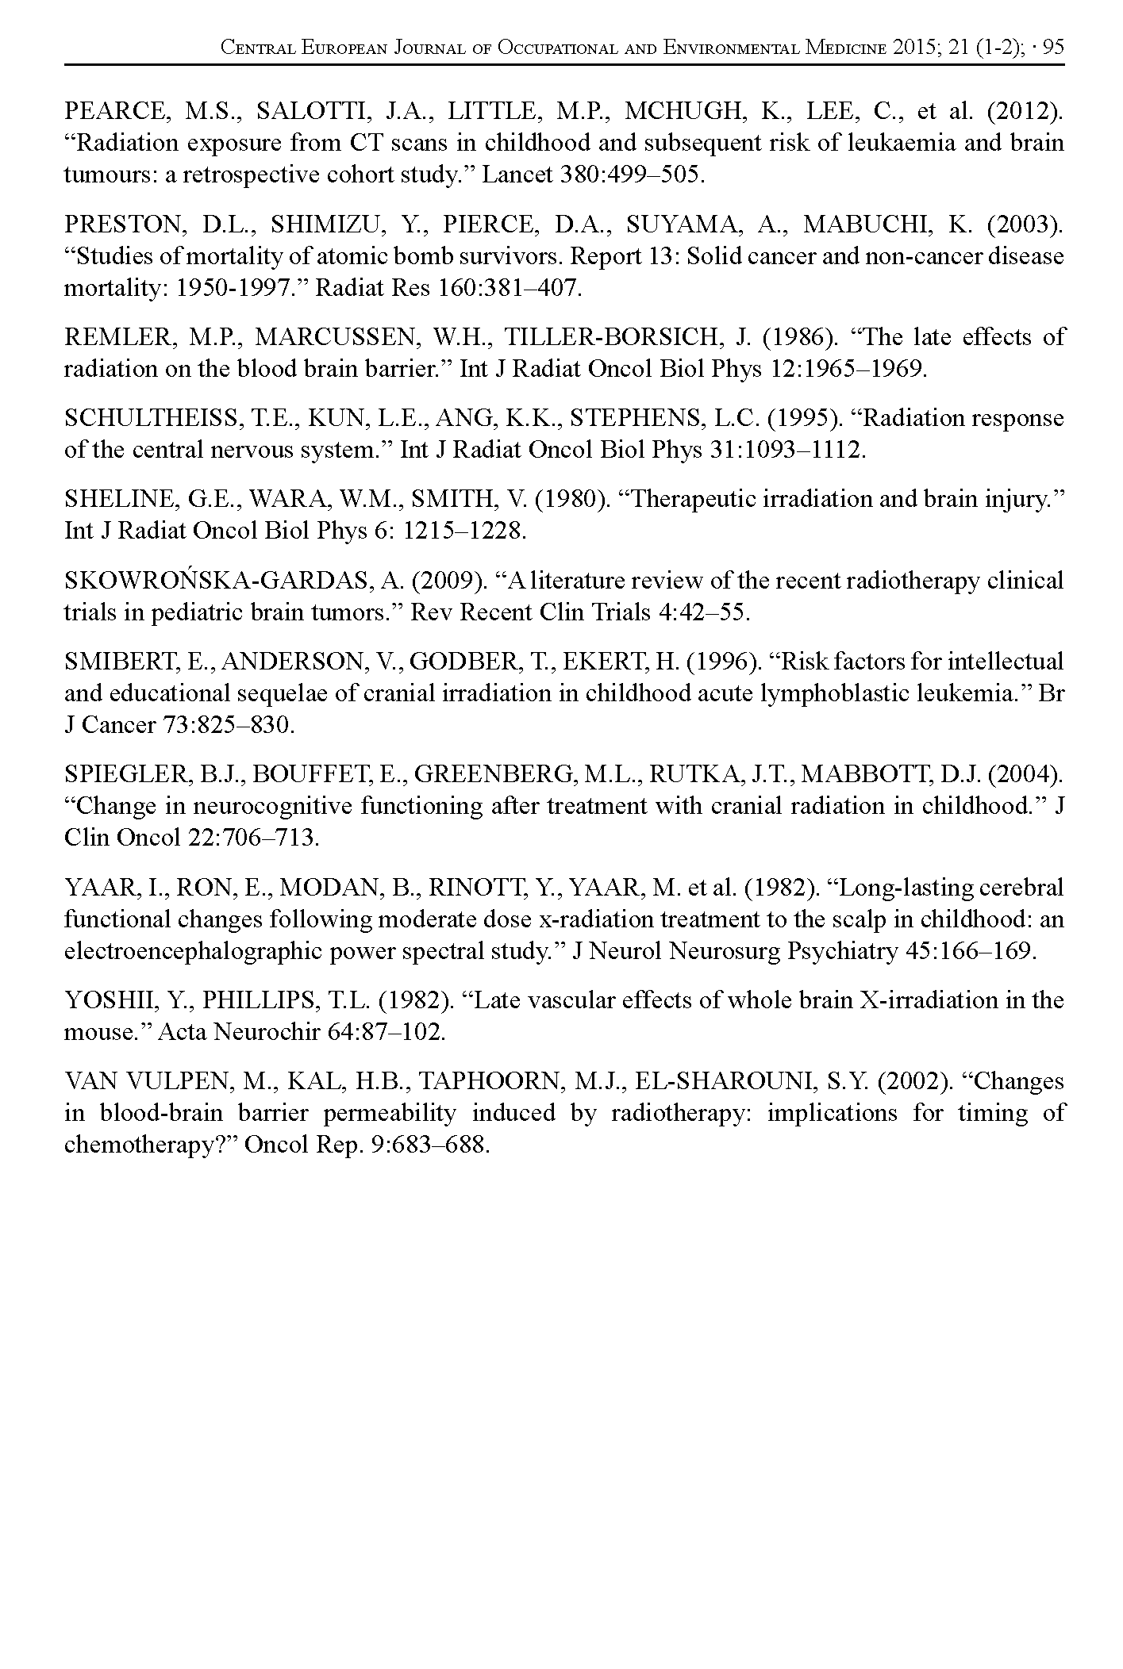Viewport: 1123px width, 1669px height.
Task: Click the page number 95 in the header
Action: [x=1052, y=48]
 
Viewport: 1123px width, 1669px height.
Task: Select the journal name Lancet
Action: [x=516, y=175]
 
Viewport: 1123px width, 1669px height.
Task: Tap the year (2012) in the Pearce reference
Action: [x=1025, y=112]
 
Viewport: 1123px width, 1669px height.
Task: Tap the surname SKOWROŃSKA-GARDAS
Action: [x=215, y=581]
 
